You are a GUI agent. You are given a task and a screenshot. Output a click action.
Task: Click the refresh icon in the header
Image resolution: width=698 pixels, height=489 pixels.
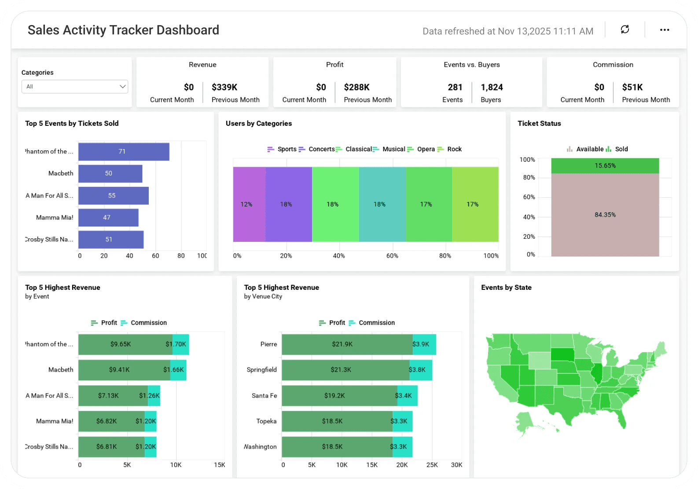(625, 29)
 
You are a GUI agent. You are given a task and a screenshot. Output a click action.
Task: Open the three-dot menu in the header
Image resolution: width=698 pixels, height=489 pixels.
(665, 30)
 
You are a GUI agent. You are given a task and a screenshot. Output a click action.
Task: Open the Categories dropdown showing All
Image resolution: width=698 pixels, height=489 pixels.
(75, 87)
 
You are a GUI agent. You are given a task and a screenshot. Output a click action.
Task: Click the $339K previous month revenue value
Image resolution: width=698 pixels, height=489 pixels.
(224, 87)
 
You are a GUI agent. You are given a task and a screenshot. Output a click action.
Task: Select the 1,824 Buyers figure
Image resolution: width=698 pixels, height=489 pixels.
(492, 87)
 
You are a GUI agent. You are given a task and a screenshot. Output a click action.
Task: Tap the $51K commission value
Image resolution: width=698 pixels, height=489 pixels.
(632, 87)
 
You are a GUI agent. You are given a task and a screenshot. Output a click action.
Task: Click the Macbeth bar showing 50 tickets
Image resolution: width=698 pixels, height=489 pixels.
(110, 174)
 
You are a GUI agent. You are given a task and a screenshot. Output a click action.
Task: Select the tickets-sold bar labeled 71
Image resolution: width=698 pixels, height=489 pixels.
(124, 152)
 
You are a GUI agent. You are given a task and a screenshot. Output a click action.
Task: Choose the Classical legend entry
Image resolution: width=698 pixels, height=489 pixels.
(354, 149)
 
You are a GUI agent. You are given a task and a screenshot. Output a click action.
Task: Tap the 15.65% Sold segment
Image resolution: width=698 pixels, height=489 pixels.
(605, 166)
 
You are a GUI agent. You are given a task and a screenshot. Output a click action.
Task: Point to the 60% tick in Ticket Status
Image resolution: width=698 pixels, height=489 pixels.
(529, 197)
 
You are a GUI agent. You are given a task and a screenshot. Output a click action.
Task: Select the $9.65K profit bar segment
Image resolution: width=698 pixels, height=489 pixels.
(121, 344)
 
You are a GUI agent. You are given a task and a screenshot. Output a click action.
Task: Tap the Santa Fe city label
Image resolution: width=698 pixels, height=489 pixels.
(264, 396)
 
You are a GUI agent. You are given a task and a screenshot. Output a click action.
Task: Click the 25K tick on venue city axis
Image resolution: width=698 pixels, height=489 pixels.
(432, 465)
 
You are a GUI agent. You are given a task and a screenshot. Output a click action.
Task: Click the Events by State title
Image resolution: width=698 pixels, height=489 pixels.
(506, 288)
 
